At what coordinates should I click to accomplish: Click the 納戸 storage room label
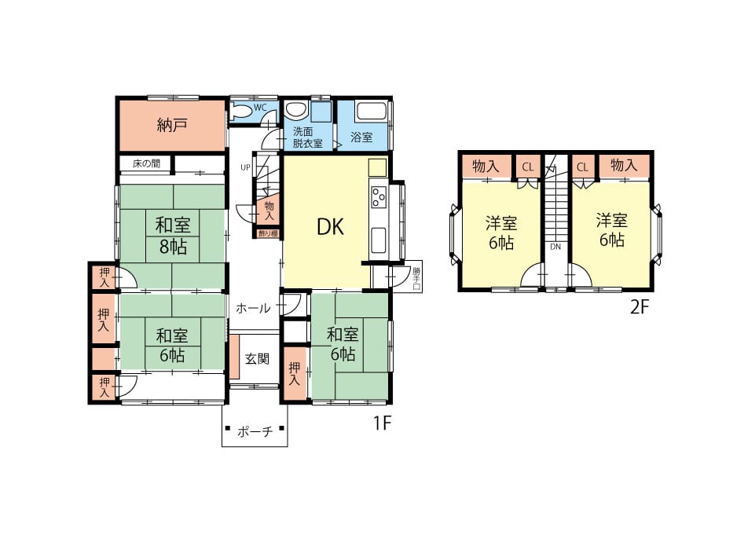click(x=172, y=125)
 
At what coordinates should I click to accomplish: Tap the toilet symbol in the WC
click(x=241, y=112)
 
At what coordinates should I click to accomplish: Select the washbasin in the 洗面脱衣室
click(x=296, y=111)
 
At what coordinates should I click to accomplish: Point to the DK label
click(x=330, y=227)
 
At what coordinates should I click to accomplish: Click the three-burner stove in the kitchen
click(x=379, y=197)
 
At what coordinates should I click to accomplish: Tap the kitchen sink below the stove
click(x=378, y=240)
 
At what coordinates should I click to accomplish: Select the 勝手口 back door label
click(x=416, y=279)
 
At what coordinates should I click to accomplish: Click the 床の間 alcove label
click(x=147, y=163)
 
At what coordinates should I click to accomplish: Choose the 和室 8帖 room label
click(x=173, y=235)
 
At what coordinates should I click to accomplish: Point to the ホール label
click(x=254, y=308)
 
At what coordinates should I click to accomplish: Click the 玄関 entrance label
click(x=257, y=358)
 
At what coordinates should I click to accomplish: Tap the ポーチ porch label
click(x=255, y=431)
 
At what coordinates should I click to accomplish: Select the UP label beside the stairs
click(x=245, y=167)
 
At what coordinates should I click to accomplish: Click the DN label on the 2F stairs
click(x=555, y=247)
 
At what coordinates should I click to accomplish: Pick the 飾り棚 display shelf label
click(x=268, y=233)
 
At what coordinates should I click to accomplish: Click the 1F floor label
click(x=381, y=423)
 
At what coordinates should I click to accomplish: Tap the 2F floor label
click(x=639, y=308)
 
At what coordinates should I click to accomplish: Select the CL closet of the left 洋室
click(x=528, y=167)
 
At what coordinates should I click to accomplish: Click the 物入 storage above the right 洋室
click(x=624, y=166)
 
